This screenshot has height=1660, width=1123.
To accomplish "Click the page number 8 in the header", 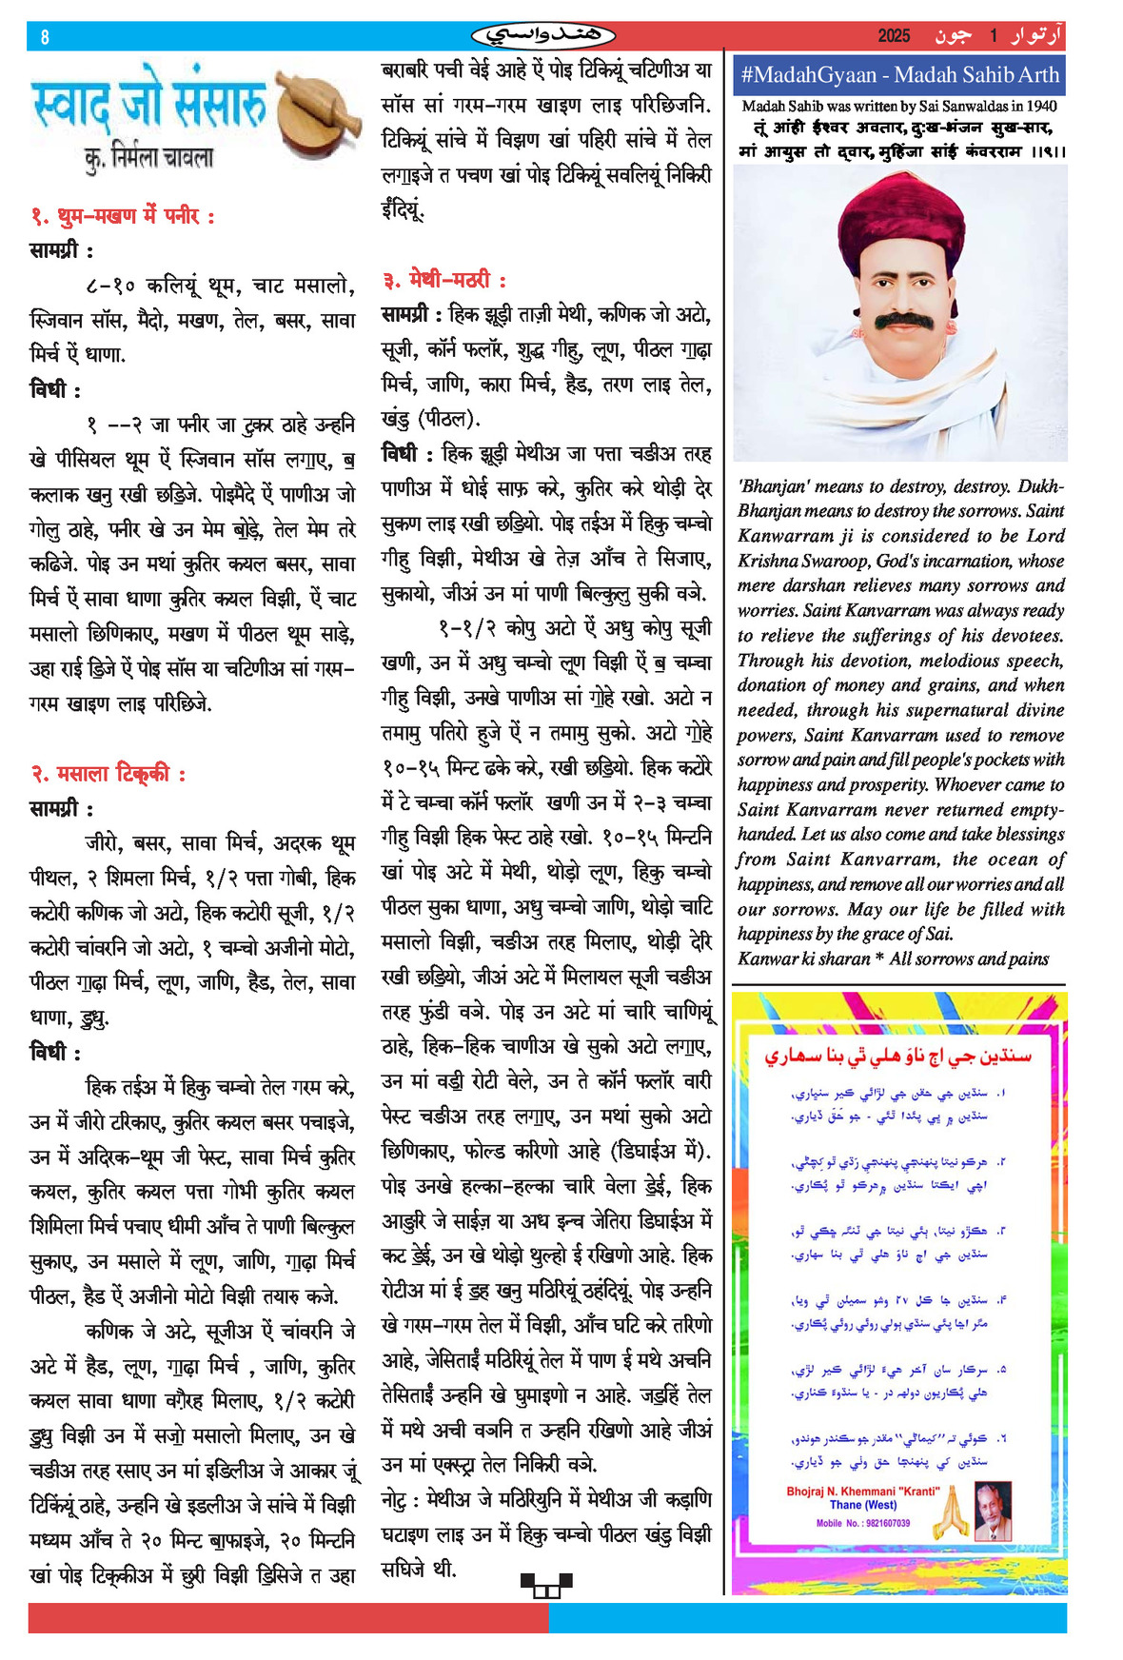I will pyautogui.click(x=44, y=37).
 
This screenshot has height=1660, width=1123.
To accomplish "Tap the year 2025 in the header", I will pyautogui.click(x=894, y=36).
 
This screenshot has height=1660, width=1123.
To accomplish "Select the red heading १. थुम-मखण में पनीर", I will pyautogui.click(x=123, y=216).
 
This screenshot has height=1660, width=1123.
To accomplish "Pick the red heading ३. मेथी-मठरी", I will pyautogui.click(x=444, y=280).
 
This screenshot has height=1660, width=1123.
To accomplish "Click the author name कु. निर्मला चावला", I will pyautogui.click(x=148, y=157).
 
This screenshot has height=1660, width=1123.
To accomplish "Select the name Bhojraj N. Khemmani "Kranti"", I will pyautogui.click(x=862, y=1492).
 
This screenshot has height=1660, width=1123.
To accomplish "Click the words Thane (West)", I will pyautogui.click(x=862, y=1506).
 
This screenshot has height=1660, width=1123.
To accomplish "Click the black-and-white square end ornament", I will pyautogui.click(x=546, y=1585).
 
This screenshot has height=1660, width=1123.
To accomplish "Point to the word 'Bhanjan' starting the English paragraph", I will pyautogui.click(x=772, y=486).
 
